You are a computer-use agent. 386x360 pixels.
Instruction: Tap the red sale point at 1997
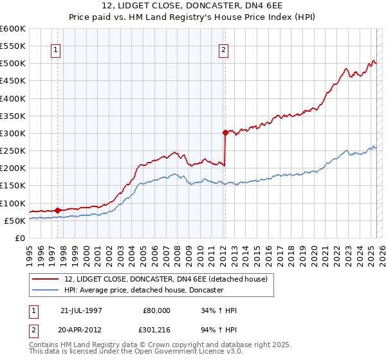tap(58, 210)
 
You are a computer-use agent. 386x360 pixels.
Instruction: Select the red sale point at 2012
tap(225, 133)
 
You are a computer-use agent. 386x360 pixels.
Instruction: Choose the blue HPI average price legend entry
tap(143, 290)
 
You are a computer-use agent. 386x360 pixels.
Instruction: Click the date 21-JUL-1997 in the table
tap(81, 310)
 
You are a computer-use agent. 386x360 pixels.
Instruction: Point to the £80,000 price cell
tap(157, 310)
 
